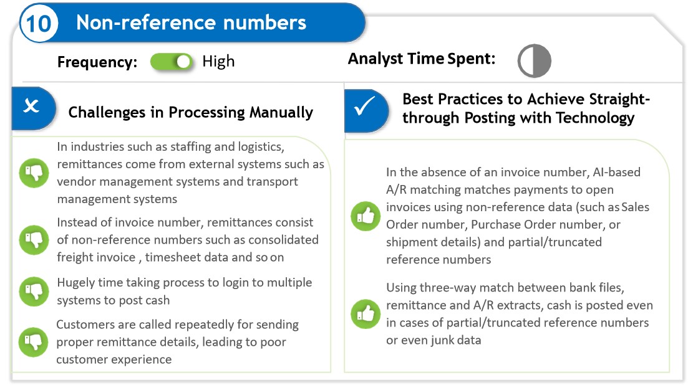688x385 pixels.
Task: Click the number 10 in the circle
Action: (x=39, y=24)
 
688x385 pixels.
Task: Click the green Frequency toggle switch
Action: (x=172, y=62)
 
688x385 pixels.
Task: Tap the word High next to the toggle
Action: (x=218, y=62)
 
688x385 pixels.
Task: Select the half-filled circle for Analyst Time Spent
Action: (x=534, y=61)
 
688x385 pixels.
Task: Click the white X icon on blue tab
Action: (x=31, y=107)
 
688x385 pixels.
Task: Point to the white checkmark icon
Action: (x=364, y=107)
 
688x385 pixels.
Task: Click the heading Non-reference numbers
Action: (x=191, y=23)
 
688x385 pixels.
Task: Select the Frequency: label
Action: (x=97, y=62)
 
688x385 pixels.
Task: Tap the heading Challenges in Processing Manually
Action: (x=190, y=112)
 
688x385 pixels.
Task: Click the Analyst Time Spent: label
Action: (x=421, y=59)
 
